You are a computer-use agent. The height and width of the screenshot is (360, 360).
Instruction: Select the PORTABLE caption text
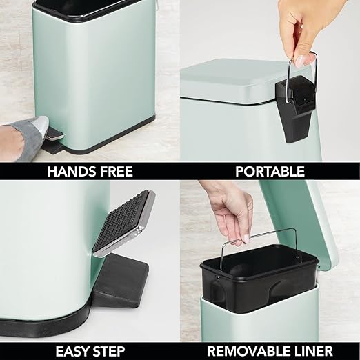point(270,171)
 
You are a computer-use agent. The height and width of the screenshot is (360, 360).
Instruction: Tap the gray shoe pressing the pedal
point(24,131)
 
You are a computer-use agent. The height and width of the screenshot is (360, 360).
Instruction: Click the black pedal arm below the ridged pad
point(121,290)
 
